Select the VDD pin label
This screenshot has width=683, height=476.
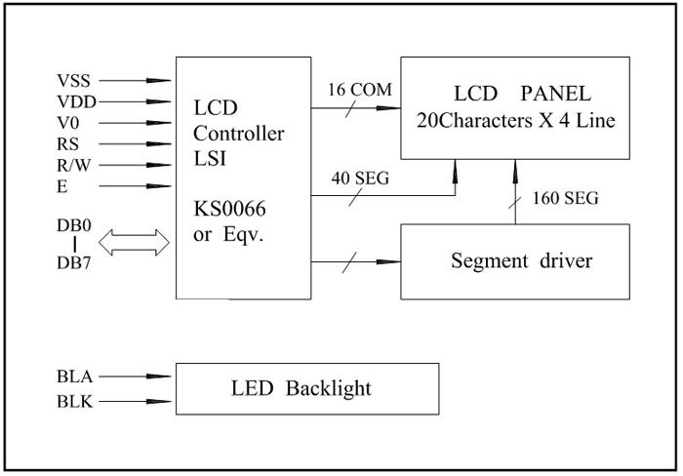[x=76, y=101]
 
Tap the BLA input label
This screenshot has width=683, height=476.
[x=75, y=374]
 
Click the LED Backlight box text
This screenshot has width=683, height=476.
[x=301, y=388]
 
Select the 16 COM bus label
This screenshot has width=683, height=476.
[x=357, y=90]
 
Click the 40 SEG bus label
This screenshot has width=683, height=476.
[x=357, y=178]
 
